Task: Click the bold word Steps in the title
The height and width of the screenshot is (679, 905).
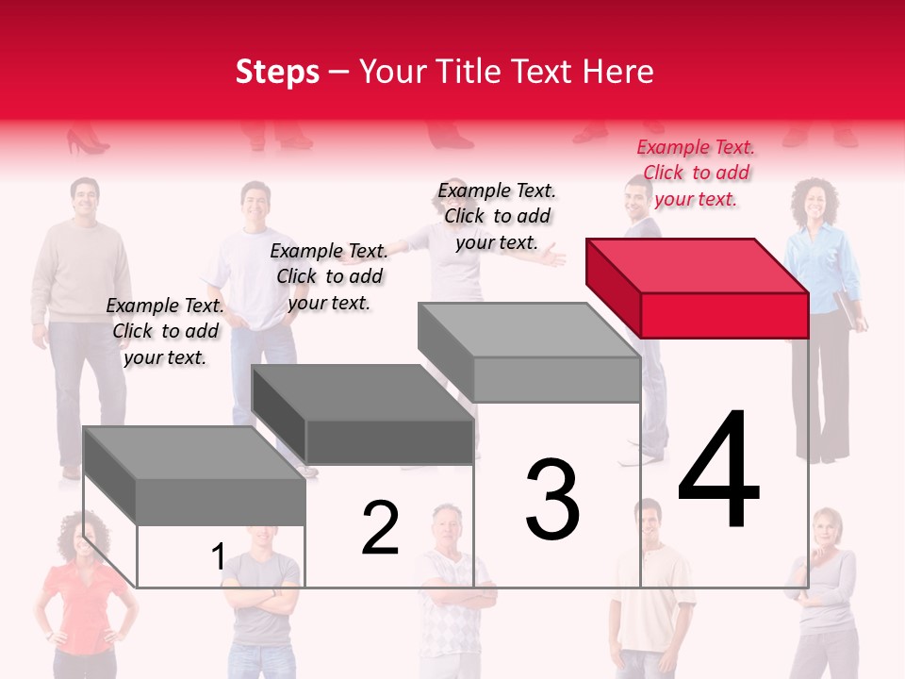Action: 277,72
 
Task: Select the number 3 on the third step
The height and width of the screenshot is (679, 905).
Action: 552,500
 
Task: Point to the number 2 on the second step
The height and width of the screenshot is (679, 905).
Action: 380,529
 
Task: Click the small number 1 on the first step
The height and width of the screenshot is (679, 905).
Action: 218,557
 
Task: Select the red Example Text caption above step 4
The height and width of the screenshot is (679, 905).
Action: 696,173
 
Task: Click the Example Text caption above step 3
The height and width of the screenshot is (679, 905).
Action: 497,216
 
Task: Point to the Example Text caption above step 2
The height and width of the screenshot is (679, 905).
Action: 329,276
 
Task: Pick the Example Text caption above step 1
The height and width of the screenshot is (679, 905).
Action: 165,331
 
